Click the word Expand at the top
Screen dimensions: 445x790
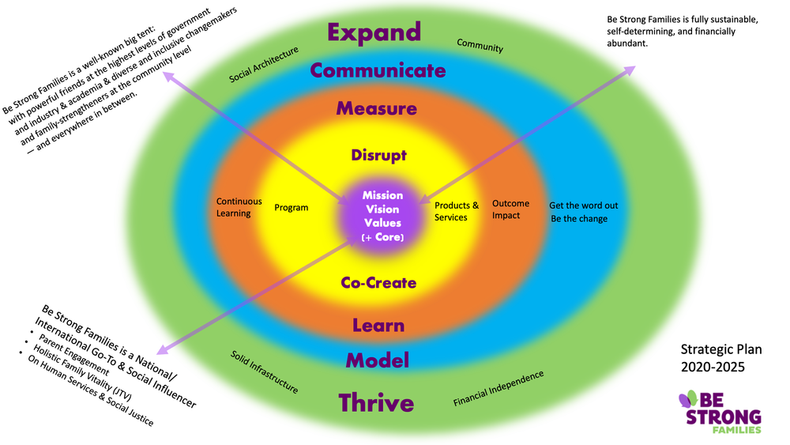(x=374, y=32)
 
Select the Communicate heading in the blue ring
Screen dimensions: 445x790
(x=378, y=70)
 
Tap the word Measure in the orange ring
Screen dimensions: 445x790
(x=376, y=107)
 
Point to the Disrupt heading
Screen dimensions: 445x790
(x=378, y=155)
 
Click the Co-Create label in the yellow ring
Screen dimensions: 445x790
(x=378, y=282)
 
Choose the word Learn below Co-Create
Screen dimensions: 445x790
(x=378, y=325)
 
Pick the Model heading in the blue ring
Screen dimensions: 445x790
(x=378, y=360)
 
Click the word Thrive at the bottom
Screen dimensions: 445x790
(x=376, y=403)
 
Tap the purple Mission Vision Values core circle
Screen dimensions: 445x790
(x=382, y=216)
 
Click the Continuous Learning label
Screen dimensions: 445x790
(x=234, y=207)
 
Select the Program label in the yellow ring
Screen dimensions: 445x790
(x=291, y=208)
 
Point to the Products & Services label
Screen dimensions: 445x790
(x=457, y=212)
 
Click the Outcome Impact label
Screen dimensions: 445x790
(x=510, y=209)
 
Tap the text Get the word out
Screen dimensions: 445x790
(x=583, y=206)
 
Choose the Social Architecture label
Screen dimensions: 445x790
(x=264, y=65)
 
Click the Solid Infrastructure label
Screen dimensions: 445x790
(x=264, y=371)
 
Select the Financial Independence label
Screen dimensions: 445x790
(x=498, y=389)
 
